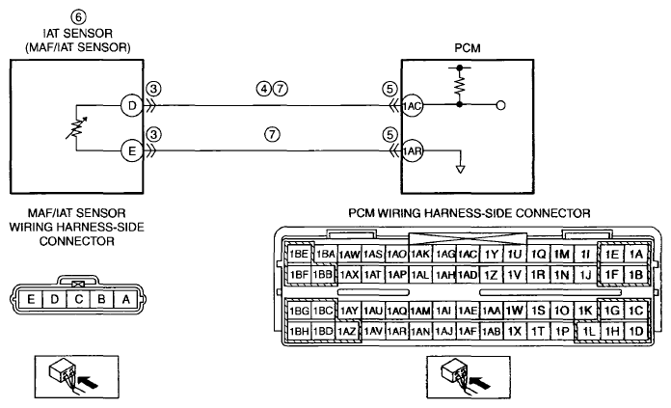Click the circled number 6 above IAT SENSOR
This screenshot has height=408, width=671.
[x=78, y=17]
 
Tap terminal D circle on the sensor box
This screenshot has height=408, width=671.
[x=132, y=105]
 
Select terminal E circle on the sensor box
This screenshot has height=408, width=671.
[x=132, y=150]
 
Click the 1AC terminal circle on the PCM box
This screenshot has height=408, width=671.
[x=412, y=105]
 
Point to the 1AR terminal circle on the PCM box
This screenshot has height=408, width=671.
[x=412, y=150]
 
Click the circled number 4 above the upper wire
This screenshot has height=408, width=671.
[x=263, y=89]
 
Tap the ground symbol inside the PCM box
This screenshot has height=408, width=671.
[x=461, y=169]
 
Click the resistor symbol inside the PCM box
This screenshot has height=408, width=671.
[x=460, y=86]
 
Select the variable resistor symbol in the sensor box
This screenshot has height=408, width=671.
[x=76, y=127]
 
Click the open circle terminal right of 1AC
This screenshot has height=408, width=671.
[x=500, y=105]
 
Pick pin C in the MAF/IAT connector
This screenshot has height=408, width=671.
[x=78, y=299]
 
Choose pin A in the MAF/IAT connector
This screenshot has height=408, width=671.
[x=125, y=299]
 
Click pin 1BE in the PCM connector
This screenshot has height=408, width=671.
[x=299, y=255]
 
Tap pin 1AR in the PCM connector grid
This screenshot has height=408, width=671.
[x=396, y=331]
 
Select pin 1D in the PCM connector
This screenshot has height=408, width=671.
[x=636, y=331]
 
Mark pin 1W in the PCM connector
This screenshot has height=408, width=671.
[x=515, y=311]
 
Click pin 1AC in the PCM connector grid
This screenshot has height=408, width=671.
[x=468, y=255]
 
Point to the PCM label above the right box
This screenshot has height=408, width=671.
[x=468, y=48]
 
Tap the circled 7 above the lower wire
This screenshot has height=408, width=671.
[x=272, y=134]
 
